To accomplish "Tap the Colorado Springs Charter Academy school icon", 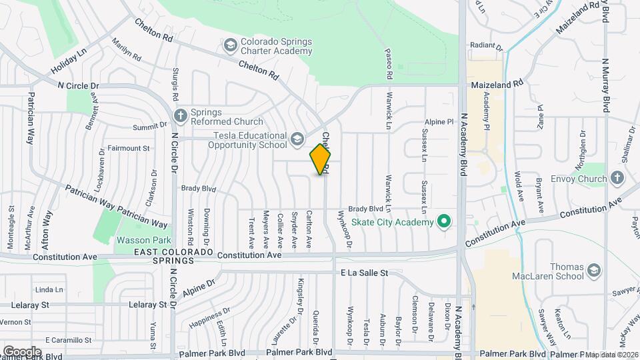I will pyautogui.click(x=231, y=45).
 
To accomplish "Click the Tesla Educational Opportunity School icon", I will pyautogui.click(x=297, y=140).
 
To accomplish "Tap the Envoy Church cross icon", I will pyautogui.click(x=617, y=178).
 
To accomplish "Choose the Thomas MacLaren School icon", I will pyautogui.click(x=593, y=270).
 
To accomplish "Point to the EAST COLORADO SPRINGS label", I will pyautogui.click(x=173, y=257).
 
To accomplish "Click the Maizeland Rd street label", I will pyautogui.click(x=497, y=85).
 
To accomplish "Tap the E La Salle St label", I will pyautogui.click(x=364, y=273).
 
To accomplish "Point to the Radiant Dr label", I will pyautogui.click(x=485, y=47).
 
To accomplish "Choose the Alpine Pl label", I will pyautogui.click(x=440, y=122).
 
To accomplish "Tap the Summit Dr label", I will pyautogui.click(x=149, y=125).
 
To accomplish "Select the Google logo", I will pyautogui.click(x=22, y=351).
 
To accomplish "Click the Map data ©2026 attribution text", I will pyautogui.click(x=611, y=355).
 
